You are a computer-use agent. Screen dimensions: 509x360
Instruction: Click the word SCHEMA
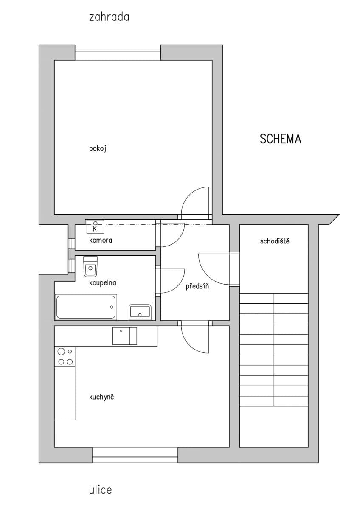280,139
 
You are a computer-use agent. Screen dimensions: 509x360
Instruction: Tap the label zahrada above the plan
109,17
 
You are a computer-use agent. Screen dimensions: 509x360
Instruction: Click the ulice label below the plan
101,490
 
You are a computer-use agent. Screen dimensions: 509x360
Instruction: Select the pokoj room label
97,149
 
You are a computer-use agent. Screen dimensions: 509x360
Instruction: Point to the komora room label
101,240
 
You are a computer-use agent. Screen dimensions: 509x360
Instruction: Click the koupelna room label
103,282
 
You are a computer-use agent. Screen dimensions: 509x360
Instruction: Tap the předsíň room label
197,286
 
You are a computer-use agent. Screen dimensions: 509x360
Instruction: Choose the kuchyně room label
102,397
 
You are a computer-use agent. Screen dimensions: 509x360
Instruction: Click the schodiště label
275,241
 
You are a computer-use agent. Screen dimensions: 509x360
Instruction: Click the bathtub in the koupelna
86,307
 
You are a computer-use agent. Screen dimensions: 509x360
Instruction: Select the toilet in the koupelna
90,266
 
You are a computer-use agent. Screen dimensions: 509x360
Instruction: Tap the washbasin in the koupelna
140,312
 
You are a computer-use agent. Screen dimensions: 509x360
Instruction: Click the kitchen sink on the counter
124,336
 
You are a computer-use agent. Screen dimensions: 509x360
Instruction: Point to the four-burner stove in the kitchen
65,356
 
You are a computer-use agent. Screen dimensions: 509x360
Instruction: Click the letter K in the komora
95,229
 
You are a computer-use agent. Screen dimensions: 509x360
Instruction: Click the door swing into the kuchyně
195,337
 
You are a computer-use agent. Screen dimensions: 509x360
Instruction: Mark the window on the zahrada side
118,53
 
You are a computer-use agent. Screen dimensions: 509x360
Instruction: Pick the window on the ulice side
135,455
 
